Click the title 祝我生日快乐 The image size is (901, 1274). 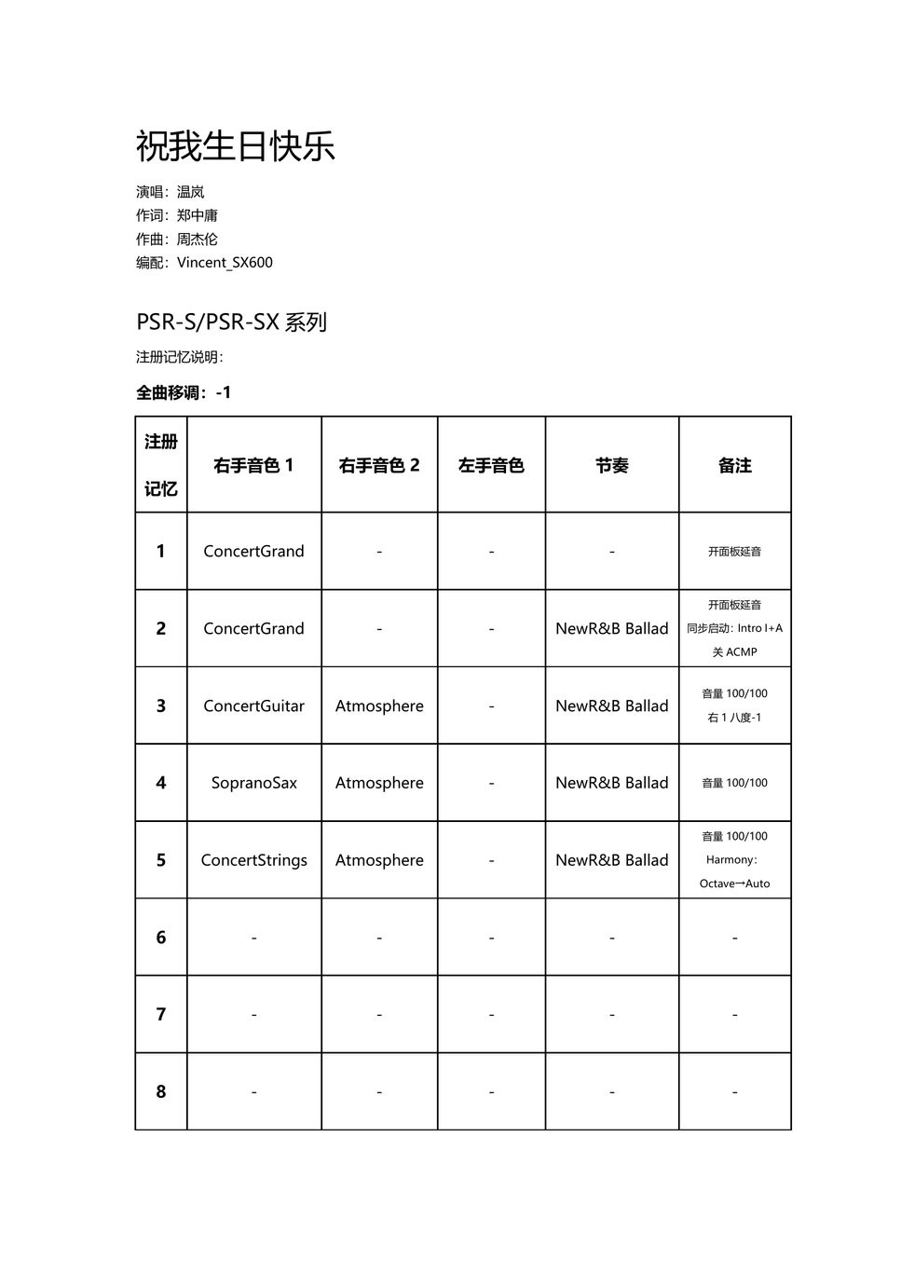pyautogui.click(x=235, y=146)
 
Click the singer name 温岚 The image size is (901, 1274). pyautogui.click(x=191, y=192)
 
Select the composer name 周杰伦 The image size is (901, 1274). pyautogui.click(x=198, y=239)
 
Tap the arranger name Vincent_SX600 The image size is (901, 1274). pyautogui.click(x=225, y=262)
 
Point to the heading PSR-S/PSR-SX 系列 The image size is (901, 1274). pyautogui.click(x=231, y=322)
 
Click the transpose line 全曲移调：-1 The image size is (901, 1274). pyautogui.click(x=184, y=392)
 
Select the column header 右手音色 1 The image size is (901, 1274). pyautogui.click(x=253, y=465)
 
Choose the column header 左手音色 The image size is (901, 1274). pyautogui.click(x=491, y=465)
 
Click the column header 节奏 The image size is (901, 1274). pyautogui.click(x=612, y=465)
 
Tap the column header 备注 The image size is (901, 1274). pyautogui.click(x=734, y=465)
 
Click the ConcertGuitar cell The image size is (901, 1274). pyautogui.click(x=253, y=705)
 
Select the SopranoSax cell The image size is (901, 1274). pyautogui.click(x=253, y=783)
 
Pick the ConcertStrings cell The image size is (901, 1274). pyautogui.click(x=253, y=860)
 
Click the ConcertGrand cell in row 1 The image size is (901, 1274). pyautogui.click(x=253, y=551)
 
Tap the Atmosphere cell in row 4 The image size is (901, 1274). pyautogui.click(x=379, y=783)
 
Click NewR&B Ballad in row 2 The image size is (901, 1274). pyautogui.click(x=612, y=628)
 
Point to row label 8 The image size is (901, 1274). pyautogui.click(x=160, y=1091)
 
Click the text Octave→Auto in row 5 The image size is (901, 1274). pyautogui.click(x=734, y=884)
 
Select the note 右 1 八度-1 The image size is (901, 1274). pyautogui.click(x=734, y=718)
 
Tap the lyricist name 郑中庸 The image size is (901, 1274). pyautogui.click(x=198, y=215)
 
